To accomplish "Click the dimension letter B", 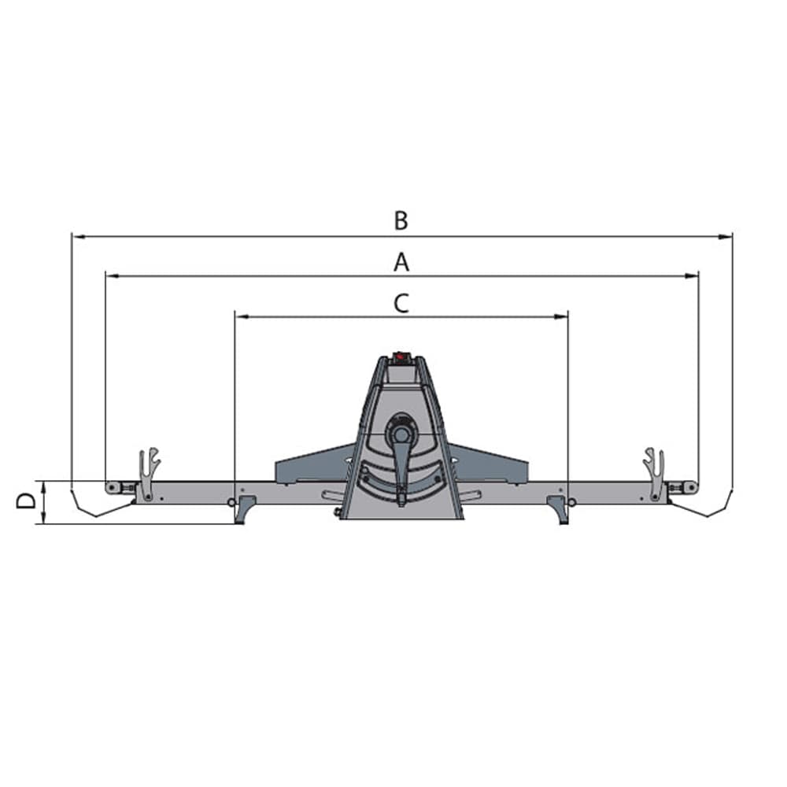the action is (401, 220).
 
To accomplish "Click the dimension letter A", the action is (401, 262).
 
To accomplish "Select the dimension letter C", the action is (401, 303).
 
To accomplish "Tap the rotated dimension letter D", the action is (26, 501).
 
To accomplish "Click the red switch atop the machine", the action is (400, 357).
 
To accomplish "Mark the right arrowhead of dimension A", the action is (691, 276).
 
